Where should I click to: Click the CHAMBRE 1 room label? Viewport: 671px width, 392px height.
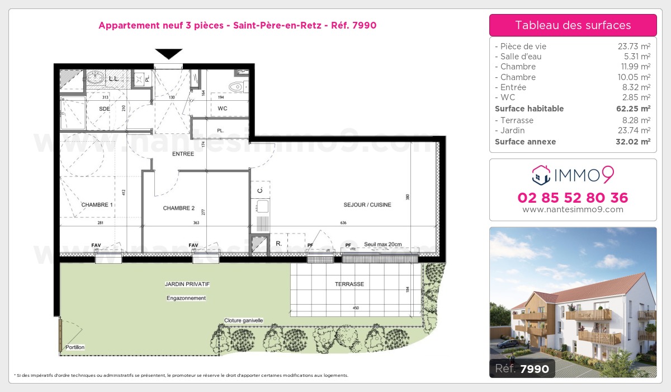click(97, 205)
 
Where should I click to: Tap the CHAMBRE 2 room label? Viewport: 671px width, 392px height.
click(179, 208)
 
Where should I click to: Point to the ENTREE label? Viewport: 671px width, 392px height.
click(183, 154)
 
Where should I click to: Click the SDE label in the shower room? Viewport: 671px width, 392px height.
click(105, 108)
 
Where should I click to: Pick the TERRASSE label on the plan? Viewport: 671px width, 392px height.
click(349, 284)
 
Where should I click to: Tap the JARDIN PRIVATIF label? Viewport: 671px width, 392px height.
click(187, 284)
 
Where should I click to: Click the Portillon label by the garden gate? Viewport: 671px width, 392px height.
click(74, 348)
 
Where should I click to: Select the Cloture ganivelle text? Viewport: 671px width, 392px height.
click(244, 321)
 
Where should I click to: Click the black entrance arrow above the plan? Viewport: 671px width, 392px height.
click(169, 54)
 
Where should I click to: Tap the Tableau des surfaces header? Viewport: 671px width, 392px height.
click(573, 25)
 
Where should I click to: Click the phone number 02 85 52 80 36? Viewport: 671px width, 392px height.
click(573, 198)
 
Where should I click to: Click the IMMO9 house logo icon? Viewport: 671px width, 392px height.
click(541, 175)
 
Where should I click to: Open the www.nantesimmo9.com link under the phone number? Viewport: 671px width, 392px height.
click(573, 209)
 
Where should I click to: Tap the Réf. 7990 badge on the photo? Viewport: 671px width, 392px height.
click(522, 368)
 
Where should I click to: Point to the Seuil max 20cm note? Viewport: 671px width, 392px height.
click(383, 244)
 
